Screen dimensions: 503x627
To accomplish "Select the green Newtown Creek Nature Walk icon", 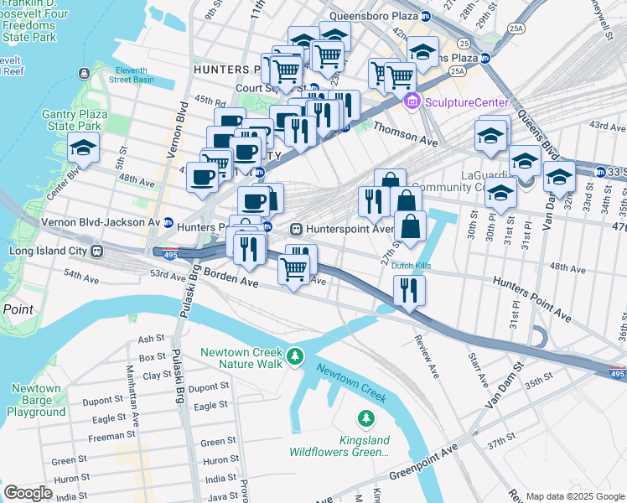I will (x=294, y=358).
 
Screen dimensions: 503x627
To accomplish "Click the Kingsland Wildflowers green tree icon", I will (x=365, y=417).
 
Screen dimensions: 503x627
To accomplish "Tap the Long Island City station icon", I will (x=99, y=251).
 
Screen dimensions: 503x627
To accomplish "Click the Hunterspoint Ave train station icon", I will (x=296, y=229).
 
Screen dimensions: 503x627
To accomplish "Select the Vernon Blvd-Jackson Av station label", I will (x=101, y=222).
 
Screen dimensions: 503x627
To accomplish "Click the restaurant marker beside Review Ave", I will (x=409, y=290).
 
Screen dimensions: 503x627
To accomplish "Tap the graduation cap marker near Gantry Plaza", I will (x=83, y=148).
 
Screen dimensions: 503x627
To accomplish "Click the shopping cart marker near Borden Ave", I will (x=293, y=271).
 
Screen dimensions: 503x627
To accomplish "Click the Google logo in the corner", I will (x=28, y=493).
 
